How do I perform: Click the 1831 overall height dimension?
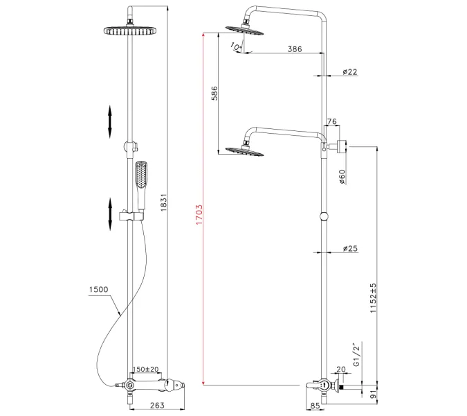164,202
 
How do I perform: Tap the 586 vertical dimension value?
214,94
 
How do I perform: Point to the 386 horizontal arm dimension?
275,49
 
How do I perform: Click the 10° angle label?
237,46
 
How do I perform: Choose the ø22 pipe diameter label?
349,72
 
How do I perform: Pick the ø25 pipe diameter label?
349,248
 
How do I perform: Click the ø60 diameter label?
342,177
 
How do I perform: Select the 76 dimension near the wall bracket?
331,122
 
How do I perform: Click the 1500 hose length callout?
99,289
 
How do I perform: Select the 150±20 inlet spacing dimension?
145,370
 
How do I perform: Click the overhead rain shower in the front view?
128,31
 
